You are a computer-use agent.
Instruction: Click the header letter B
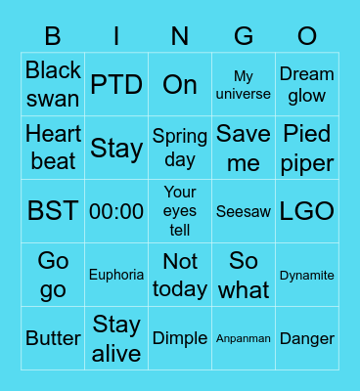tap(53, 36)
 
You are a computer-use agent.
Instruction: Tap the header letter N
tap(180, 36)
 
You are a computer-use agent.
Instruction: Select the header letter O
tap(307, 36)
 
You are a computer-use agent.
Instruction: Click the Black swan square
tap(53, 84)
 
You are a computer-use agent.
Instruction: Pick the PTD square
tap(116, 84)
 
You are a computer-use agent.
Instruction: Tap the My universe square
tap(244, 84)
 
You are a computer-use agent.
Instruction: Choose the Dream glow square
tap(307, 84)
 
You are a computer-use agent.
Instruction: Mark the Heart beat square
tap(53, 148)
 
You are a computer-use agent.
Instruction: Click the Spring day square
tap(180, 148)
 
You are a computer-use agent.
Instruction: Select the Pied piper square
tap(307, 148)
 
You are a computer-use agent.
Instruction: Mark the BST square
tap(53, 211)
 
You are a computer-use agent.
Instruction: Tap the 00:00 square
tap(116, 211)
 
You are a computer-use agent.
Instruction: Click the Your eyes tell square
tap(180, 211)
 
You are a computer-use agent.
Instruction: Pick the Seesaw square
tap(244, 211)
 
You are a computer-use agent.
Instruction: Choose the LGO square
tap(307, 211)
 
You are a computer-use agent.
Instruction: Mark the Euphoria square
tap(116, 275)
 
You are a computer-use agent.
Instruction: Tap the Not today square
tap(180, 275)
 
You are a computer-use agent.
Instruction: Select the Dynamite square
tap(307, 275)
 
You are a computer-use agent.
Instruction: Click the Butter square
tap(53, 338)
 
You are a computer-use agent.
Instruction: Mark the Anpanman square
tap(244, 338)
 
